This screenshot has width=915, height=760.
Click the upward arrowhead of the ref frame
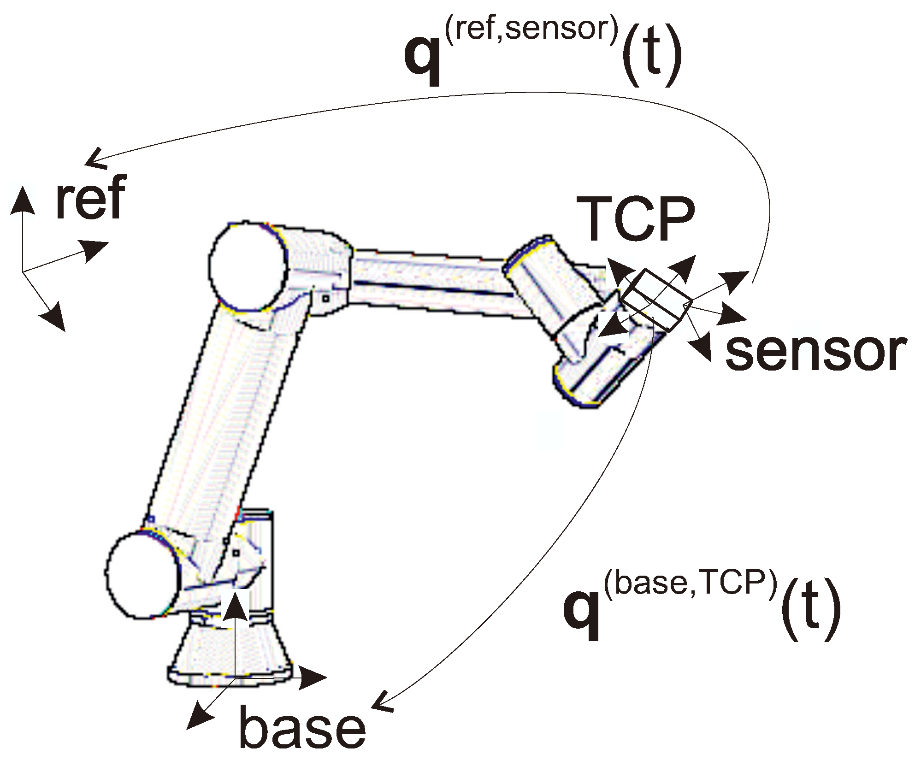click(x=22, y=199)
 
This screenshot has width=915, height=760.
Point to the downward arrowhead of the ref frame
click(x=55, y=316)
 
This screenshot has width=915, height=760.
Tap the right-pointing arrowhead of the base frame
click(x=313, y=677)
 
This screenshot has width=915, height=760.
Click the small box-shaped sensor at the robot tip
click(x=655, y=300)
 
